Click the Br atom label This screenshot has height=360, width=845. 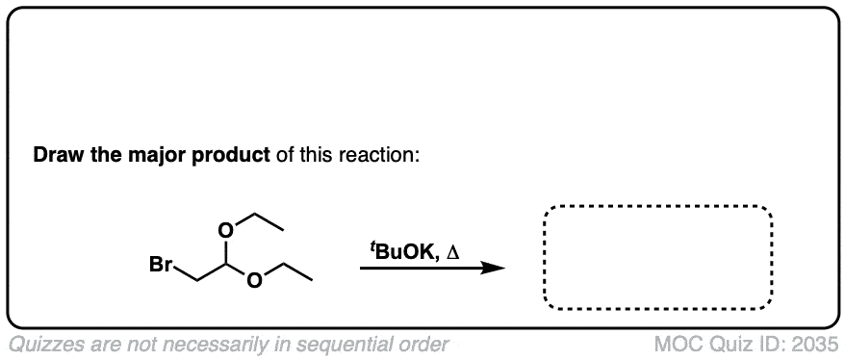(161, 266)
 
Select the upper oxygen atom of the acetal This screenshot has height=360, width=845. (226, 231)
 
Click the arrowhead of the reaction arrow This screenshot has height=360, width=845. (493, 268)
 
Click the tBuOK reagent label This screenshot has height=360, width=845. (402, 251)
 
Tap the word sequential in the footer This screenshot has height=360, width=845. (341, 345)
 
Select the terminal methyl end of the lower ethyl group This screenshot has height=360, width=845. (313, 280)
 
